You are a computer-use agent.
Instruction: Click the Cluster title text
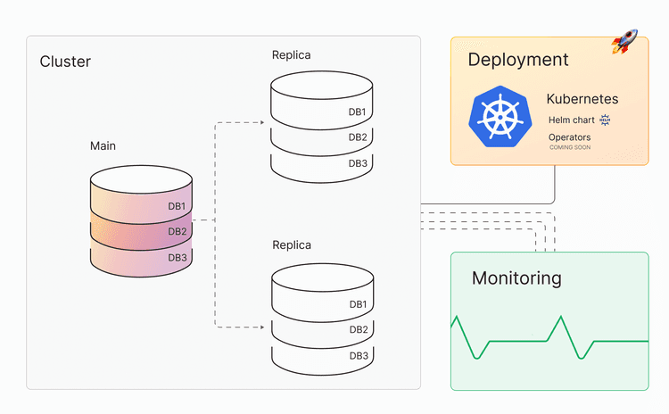tap(65, 62)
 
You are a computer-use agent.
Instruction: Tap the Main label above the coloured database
tap(103, 145)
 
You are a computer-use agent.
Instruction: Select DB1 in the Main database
tap(178, 206)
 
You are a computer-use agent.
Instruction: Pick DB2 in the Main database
tap(178, 231)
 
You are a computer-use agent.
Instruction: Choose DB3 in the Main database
tap(178, 257)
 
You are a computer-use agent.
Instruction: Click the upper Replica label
tap(292, 55)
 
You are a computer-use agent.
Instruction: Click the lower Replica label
tap(292, 244)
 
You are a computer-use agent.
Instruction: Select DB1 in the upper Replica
tap(358, 112)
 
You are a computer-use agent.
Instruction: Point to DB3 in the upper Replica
tap(358, 162)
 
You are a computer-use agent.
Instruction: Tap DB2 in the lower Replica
tap(359, 330)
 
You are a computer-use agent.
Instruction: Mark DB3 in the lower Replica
tap(359, 355)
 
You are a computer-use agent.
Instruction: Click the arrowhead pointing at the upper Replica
tap(260, 121)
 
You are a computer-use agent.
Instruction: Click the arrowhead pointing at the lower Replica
tap(260, 327)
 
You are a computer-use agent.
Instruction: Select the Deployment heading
tap(517, 60)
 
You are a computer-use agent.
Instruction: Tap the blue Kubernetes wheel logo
tap(498, 115)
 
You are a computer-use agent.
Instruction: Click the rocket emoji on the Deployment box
tap(624, 41)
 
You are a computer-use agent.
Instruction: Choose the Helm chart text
tap(573, 120)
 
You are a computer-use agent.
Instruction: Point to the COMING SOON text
tap(570, 147)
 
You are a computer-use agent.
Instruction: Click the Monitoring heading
tap(516, 278)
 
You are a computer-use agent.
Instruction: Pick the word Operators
tap(569, 137)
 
